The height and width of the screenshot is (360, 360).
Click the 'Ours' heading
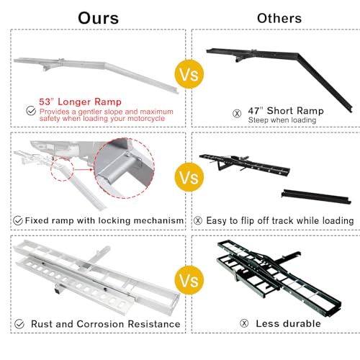click(x=99, y=18)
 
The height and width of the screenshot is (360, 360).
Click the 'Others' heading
click(x=279, y=18)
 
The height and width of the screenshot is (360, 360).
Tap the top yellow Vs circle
click(x=189, y=74)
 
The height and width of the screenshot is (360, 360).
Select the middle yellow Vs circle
click(x=189, y=177)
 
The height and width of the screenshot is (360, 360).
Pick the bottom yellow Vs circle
click(x=189, y=280)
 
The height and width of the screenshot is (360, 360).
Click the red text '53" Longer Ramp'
click(x=80, y=102)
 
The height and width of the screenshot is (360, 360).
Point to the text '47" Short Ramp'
click(x=286, y=111)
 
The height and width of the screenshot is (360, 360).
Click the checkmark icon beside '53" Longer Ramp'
click(x=31, y=111)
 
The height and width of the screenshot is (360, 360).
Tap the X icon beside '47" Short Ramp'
click(x=237, y=113)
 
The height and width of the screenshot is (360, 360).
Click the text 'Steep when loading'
click(x=282, y=120)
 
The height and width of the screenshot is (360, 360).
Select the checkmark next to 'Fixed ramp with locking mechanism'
click(x=18, y=220)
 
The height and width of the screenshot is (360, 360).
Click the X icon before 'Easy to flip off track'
click(x=198, y=220)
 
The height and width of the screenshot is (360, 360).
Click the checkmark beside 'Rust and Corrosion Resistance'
click(x=19, y=324)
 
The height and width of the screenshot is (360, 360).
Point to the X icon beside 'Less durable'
click(x=244, y=323)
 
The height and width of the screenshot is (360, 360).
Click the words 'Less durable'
click(x=288, y=323)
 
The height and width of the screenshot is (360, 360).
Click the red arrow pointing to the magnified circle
click(x=84, y=170)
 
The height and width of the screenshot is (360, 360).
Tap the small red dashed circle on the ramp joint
click(x=63, y=169)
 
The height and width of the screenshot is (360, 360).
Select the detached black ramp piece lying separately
click(x=316, y=197)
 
